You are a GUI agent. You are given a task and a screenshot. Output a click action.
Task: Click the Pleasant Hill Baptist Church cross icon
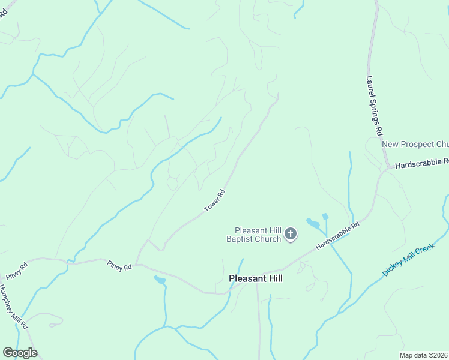291,234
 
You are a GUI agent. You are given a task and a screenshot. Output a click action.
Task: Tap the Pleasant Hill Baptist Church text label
258,235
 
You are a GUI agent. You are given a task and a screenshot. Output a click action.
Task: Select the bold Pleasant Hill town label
255,278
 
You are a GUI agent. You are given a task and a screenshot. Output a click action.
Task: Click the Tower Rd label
214,200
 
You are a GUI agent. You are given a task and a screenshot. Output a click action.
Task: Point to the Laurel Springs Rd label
374,105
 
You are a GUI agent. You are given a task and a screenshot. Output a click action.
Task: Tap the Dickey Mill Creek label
408,259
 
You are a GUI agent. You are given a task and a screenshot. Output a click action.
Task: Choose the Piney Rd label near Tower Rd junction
119,265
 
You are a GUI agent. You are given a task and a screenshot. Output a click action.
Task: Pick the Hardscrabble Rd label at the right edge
422,163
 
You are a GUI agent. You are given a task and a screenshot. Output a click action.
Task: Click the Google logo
19,352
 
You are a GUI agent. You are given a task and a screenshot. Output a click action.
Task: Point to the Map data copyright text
424,355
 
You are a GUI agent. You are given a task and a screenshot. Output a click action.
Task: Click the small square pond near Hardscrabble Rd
325,216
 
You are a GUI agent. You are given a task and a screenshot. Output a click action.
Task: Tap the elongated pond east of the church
313,224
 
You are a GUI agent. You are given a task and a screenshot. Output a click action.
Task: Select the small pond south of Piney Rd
160,280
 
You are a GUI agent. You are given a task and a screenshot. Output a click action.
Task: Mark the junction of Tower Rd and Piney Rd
136,264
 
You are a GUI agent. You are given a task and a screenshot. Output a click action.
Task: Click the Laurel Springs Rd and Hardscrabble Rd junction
388,167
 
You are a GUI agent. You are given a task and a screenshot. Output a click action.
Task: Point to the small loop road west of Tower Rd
172,182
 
